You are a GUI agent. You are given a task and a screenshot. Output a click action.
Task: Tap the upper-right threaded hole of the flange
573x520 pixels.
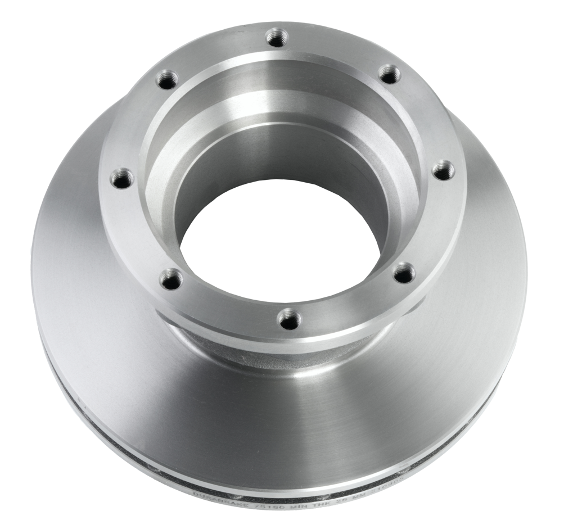click(389, 74)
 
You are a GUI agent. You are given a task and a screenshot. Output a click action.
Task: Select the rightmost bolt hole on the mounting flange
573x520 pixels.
click(443, 170)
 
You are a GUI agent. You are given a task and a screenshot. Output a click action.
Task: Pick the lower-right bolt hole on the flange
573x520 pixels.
click(404, 274)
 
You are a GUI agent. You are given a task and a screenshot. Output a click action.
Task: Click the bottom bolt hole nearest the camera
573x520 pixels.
click(290, 320)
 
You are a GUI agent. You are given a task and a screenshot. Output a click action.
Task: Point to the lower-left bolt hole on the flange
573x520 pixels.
click(171, 279)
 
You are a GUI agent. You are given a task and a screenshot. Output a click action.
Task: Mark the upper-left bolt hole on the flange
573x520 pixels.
click(167, 80)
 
